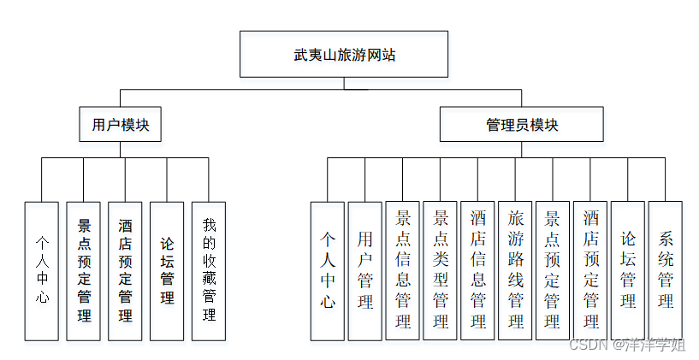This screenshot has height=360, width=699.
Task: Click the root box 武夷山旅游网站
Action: pos(344,55)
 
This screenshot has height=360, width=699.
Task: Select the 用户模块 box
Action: pos(120,124)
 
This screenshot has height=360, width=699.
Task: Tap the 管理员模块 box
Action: pos(522,124)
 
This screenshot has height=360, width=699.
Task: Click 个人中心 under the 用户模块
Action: pos(42,270)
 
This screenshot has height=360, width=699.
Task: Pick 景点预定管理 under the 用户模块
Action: pos(84,270)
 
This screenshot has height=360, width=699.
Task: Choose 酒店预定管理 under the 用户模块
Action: pos(125,270)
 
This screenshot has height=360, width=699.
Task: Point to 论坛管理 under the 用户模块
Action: pos(167,270)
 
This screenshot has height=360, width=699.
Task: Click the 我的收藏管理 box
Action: pos(209,270)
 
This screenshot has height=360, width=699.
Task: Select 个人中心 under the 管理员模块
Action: pos(327,270)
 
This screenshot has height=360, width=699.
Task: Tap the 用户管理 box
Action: pos(364,270)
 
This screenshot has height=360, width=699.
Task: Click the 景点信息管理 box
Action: pos(402,270)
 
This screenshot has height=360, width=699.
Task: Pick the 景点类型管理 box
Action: pos(440,270)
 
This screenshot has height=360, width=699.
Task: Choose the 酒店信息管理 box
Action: pos(477,270)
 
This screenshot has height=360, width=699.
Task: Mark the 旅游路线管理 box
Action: pos(515,270)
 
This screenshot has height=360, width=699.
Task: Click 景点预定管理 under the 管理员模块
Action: pos(553,270)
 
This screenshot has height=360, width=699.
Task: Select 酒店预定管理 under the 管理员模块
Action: pos(590,270)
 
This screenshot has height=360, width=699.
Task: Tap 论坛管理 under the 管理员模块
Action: pos(628,270)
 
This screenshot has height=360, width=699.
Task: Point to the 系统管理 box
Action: pos(666,270)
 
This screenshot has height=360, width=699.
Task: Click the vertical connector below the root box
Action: pos(344,83)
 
